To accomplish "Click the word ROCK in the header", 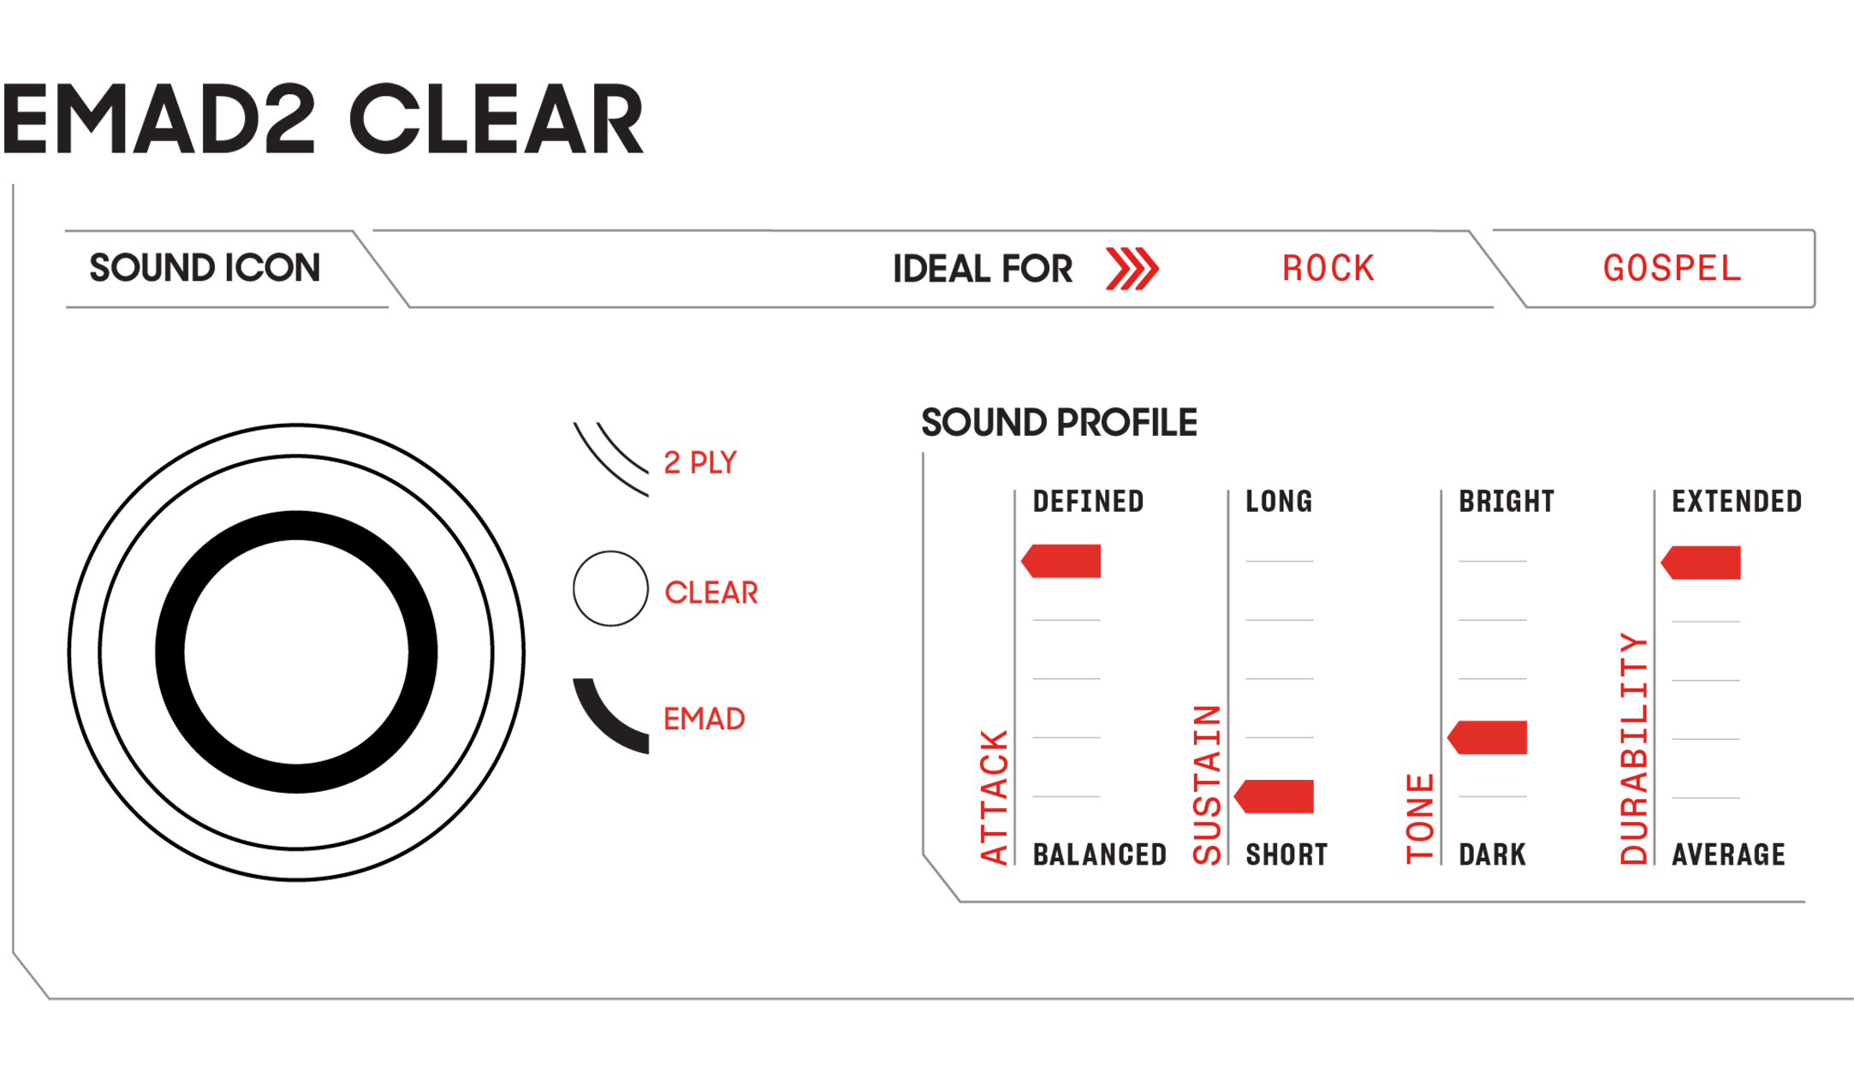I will [1328, 269].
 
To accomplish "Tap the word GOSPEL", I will [1672, 269].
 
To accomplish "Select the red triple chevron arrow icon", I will [1132, 269].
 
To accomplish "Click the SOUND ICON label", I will [205, 268].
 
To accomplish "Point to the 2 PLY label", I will [700, 462].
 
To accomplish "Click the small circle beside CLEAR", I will [610, 589].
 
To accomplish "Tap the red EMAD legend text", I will [704, 719].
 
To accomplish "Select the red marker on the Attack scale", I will [1062, 562].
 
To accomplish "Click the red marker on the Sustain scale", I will [1275, 797].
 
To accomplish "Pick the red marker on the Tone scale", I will [1489, 738].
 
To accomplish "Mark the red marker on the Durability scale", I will [1702, 562].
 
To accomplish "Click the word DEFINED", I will [1088, 502].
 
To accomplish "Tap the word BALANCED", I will [1099, 854].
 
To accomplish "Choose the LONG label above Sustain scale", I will [1278, 502].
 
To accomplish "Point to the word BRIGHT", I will [1506, 502].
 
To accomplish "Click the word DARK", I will [1492, 854].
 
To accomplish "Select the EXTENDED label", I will [1736, 502].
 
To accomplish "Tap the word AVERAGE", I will [1728, 854].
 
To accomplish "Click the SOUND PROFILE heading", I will [1059, 423].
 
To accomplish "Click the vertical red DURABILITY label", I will [1634, 748].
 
